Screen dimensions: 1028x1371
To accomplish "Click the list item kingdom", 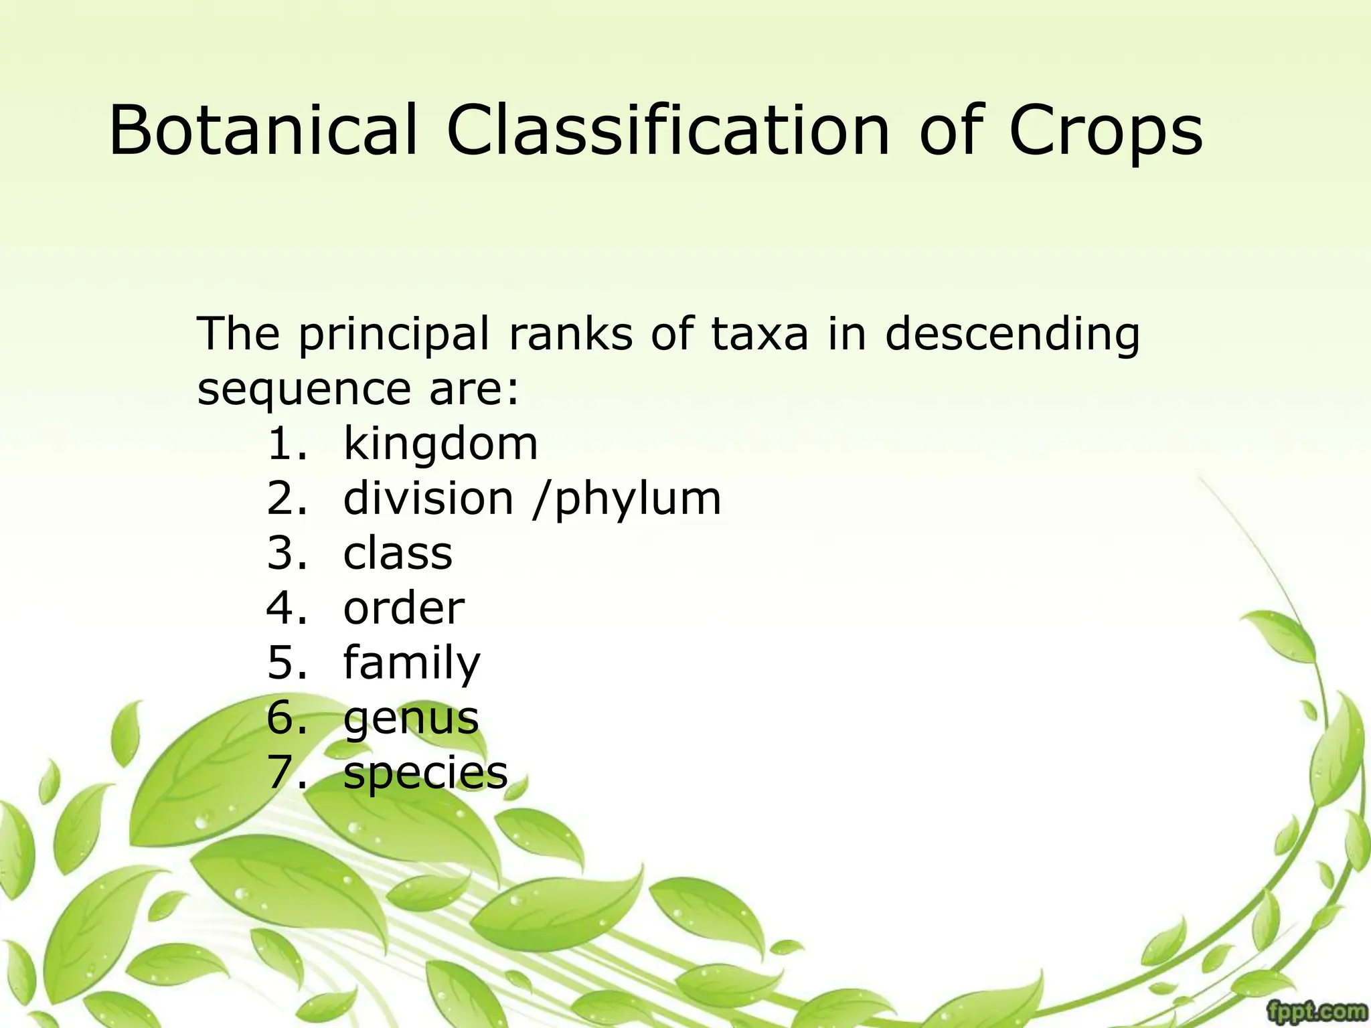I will coord(440,445).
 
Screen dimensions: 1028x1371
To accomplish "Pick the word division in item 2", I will coord(428,499).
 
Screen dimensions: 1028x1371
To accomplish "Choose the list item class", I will coord(398,554).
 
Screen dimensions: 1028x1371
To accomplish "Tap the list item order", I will coord(404,609).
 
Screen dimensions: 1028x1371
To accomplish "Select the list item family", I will coord(412,664).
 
